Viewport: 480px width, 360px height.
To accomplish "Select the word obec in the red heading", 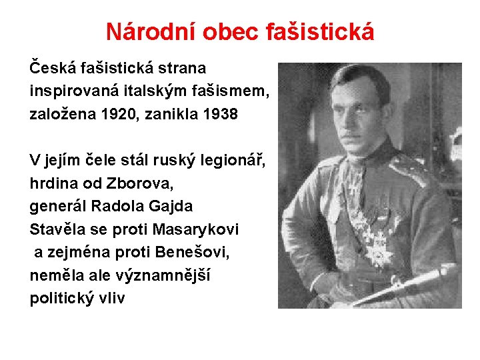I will tap(223, 31).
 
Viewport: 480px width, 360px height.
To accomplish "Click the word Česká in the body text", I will tap(51, 68).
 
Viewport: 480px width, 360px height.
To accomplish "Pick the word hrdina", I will tap(51, 183).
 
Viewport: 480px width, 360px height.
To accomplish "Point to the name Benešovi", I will tap(185, 252).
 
